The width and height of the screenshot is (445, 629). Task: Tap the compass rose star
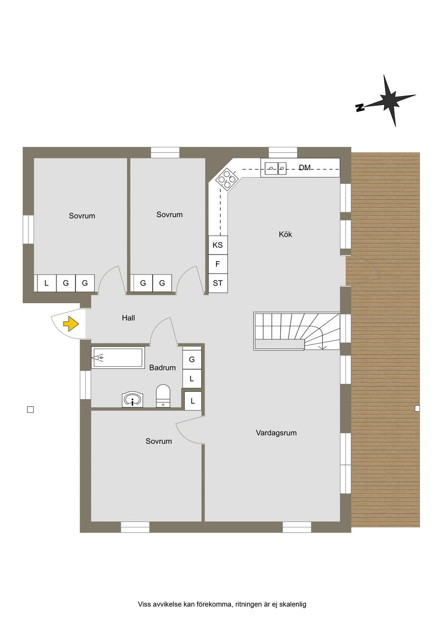tap(389, 100)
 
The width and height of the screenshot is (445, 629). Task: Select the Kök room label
tap(285, 235)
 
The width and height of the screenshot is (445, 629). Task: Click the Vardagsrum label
tap(276, 433)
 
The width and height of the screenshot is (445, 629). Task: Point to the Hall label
tap(128, 318)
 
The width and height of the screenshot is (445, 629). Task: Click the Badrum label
tap(162, 367)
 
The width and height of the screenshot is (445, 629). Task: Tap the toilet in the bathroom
tap(163, 395)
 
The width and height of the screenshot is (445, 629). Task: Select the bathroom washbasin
tap(132, 399)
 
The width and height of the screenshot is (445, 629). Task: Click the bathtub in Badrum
tap(117, 358)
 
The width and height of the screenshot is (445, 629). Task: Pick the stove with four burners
tap(227, 179)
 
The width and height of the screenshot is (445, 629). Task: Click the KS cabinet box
tap(218, 245)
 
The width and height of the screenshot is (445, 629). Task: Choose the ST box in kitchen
tap(218, 283)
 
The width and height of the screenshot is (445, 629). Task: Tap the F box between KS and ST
tap(218, 264)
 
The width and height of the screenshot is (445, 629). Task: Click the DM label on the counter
tap(305, 168)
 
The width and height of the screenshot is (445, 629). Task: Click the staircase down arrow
tap(322, 347)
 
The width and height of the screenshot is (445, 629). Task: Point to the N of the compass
tap(360, 108)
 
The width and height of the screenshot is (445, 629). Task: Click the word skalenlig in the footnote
tap(292, 604)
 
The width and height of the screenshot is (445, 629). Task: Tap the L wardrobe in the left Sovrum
tap(46, 283)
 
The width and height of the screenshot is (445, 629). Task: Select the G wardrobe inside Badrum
tap(192, 360)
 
